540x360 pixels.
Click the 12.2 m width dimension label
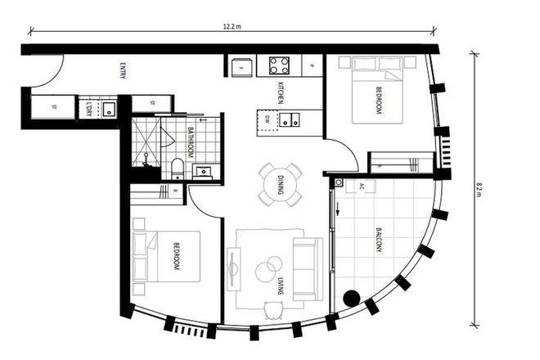[232, 27]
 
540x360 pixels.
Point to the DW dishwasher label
[268, 119]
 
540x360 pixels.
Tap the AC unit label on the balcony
[360, 187]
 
